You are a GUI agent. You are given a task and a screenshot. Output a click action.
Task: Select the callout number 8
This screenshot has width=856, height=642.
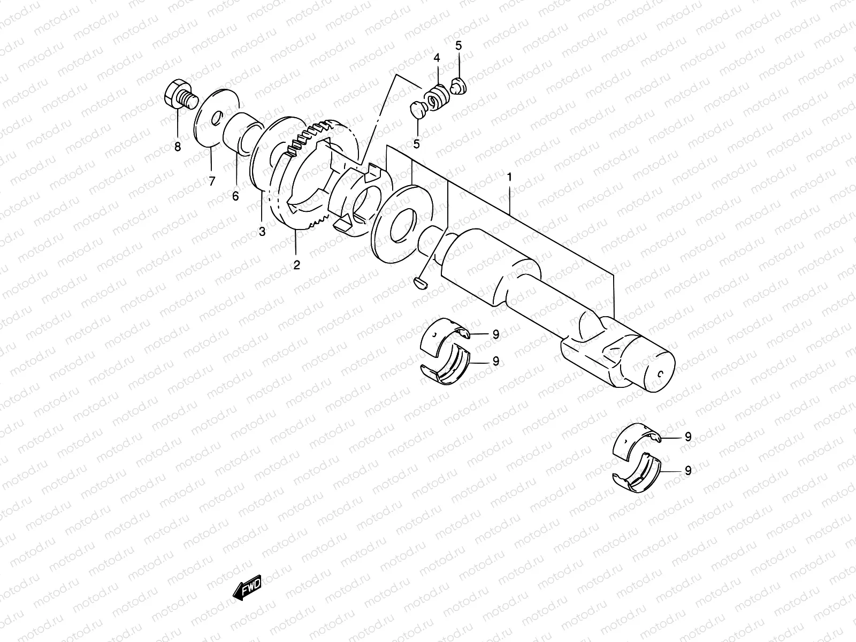pos(178,147)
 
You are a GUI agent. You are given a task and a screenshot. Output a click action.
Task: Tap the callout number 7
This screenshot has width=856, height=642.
pos(211,181)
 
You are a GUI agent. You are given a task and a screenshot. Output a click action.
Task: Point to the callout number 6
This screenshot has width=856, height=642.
pos(235,196)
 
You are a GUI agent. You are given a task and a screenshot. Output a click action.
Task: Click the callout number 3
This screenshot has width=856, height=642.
pos(262,232)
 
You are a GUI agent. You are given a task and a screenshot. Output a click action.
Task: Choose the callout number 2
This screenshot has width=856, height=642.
pos(296,264)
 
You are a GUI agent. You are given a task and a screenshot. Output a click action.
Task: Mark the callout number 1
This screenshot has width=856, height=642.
pos(509,176)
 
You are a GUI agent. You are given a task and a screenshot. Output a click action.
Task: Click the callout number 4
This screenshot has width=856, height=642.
pos(437,57)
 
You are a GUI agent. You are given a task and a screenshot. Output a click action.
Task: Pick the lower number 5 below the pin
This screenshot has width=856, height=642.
pos(416,143)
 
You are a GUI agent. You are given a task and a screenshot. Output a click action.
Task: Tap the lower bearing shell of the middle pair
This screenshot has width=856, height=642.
pos(444,366)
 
